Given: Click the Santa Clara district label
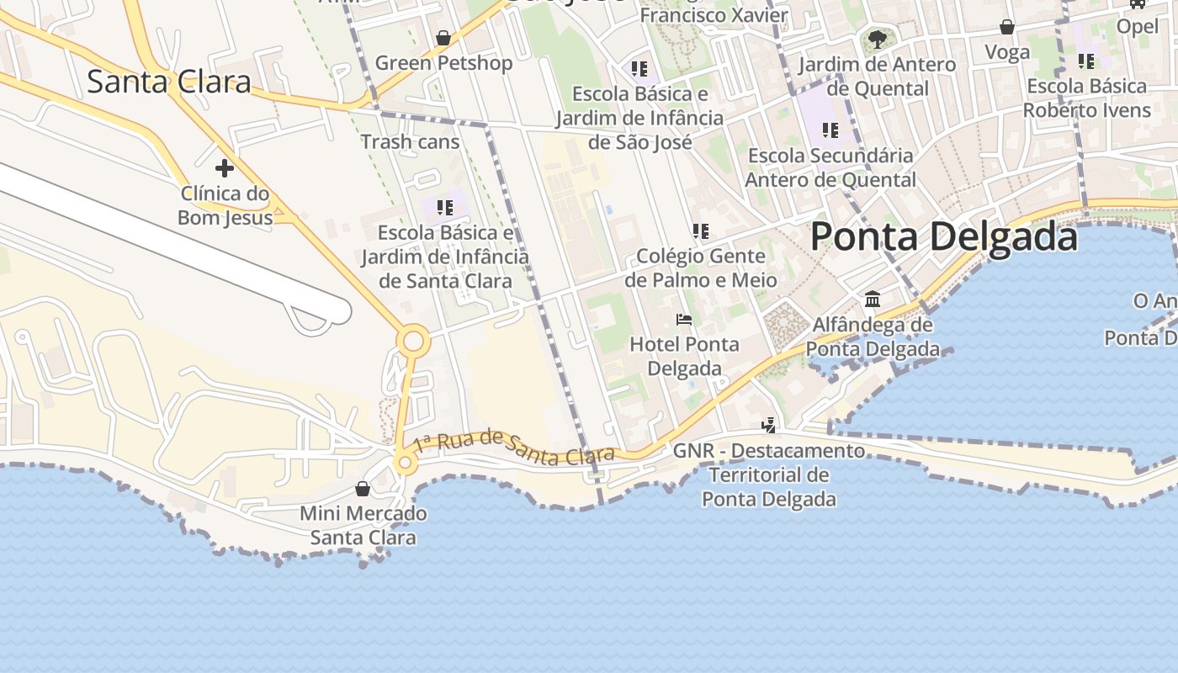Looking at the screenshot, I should point(169,82).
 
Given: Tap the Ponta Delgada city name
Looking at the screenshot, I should point(943,236).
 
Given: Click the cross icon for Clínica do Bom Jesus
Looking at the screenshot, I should point(224,168).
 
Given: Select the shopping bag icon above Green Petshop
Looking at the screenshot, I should point(443,38).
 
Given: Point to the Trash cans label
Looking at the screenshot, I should point(410,141).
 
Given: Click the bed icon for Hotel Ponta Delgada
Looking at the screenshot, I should point(684,320).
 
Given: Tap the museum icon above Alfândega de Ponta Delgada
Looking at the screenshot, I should point(873,299).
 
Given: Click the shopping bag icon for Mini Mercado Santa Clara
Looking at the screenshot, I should point(363,489).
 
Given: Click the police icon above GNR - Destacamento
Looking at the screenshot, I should point(768,426).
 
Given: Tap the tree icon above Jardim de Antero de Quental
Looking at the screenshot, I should point(877,39).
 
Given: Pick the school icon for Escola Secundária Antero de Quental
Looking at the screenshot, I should point(830,130).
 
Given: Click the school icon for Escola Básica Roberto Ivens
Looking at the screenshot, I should point(1086,61).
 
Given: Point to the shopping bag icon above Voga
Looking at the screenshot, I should point(1007,27).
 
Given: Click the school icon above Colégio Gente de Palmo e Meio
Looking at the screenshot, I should point(700,231).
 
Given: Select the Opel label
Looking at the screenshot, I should point(1137,26).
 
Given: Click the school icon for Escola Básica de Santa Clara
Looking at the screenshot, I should point(444,207).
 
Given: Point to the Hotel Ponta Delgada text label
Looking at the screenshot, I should point(684,356).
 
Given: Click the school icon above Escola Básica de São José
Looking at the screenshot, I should point(639,68).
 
